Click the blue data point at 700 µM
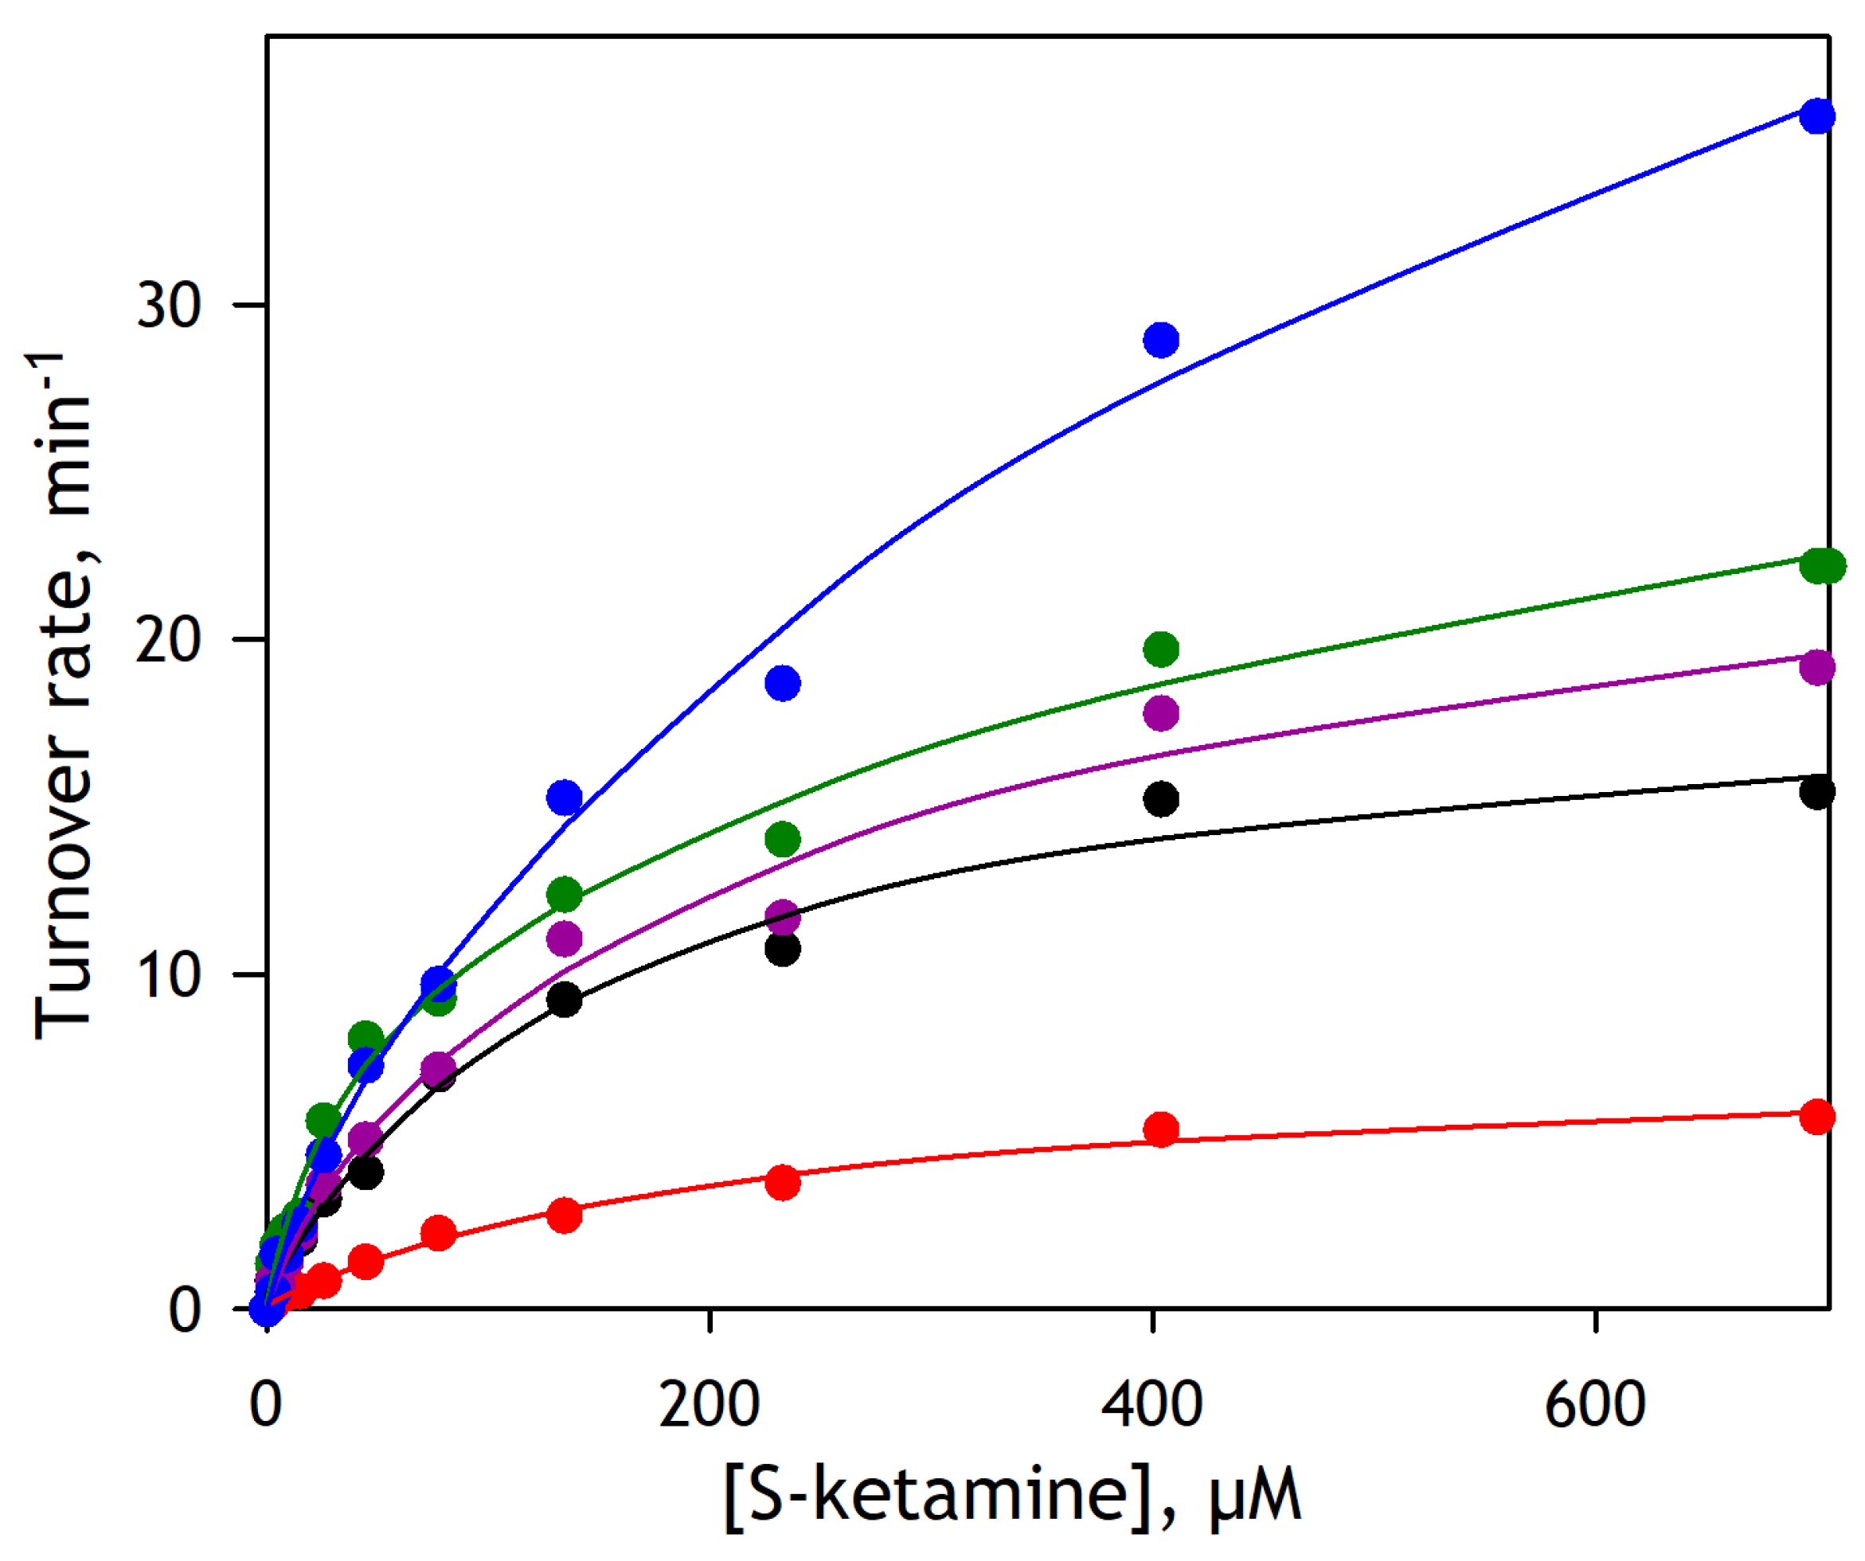click(1817, 116)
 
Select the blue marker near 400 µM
click(1162, 339)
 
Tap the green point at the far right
click(1821, 566)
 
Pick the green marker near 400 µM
click(1162, 649)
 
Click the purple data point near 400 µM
click(1162, 713)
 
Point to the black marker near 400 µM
click(1162, 799)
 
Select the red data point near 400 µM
click(1162, 1130)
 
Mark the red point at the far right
click(1817, 1117)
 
